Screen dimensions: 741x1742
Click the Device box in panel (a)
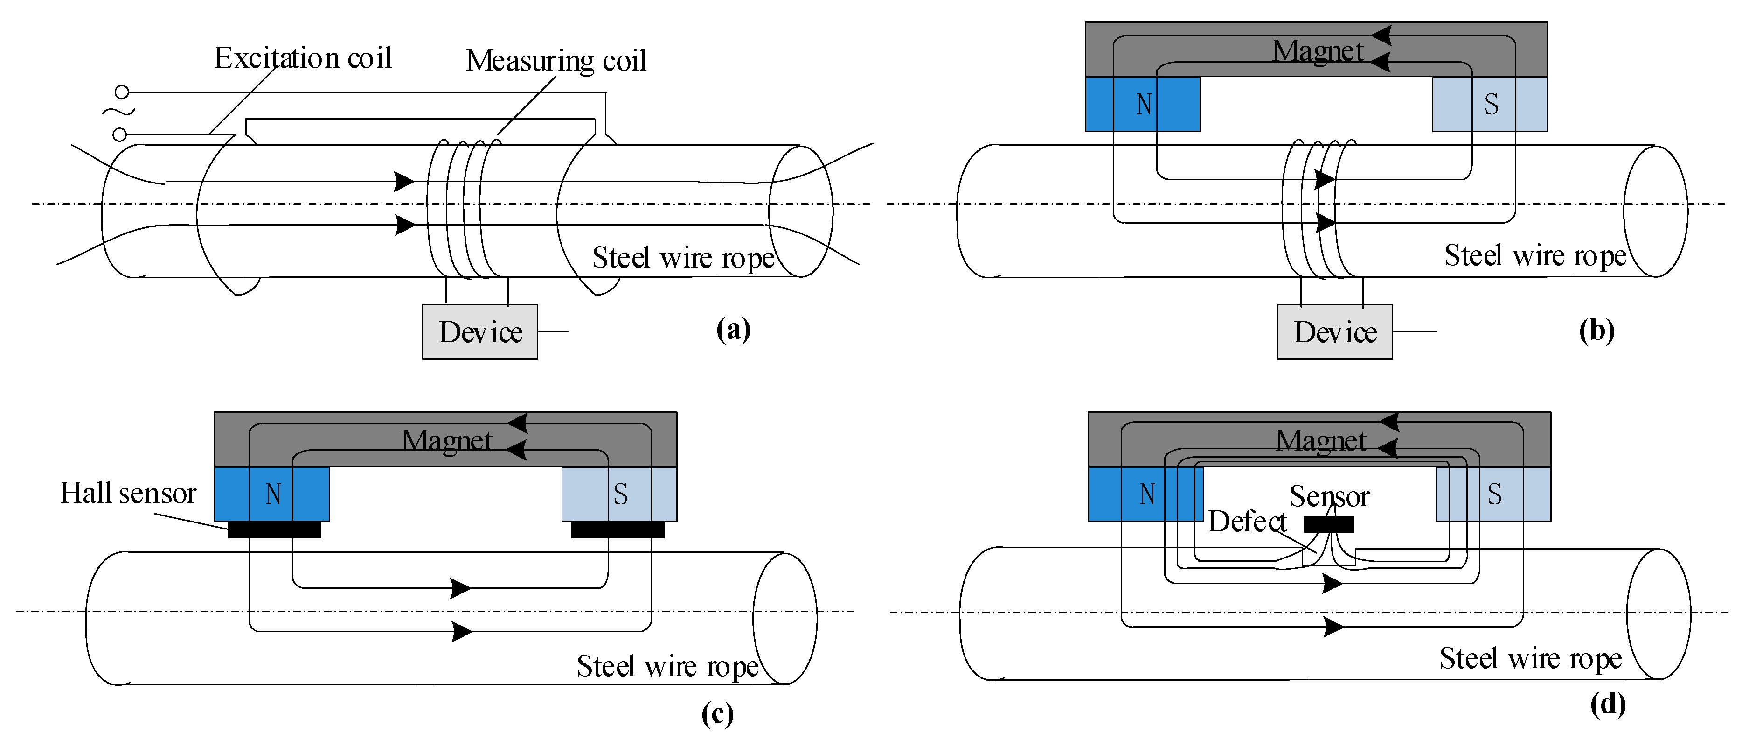tap(479, 332)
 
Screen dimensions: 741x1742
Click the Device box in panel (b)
tap(1334, 332)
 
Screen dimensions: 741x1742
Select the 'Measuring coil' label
tap(556, 60)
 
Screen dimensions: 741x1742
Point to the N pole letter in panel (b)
tap(1144, 104)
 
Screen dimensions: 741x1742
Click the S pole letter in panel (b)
tap(1491, 104)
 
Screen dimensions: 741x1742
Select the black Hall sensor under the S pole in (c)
tap(618, 529)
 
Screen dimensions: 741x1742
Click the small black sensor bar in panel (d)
tap(1328, 524)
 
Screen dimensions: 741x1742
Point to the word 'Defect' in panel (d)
tap(1247, 522)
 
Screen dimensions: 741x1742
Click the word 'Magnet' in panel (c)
tap(447, 441)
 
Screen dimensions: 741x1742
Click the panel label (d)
tap(1607, 705)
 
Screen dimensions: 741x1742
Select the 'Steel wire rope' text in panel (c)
tap(667, 667)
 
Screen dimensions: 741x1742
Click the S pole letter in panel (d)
tap(1494, 494)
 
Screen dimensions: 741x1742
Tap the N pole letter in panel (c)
tap(273, 494)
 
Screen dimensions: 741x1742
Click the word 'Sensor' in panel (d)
tap(1329, 496)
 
